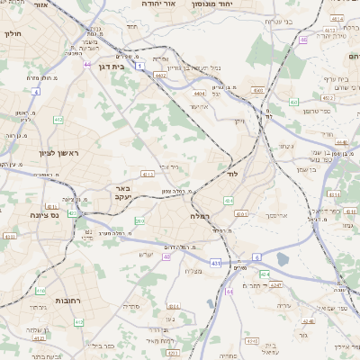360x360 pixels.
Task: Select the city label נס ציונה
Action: click(42, 214)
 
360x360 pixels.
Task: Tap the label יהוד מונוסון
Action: click(212, 4)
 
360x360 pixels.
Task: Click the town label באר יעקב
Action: click(121, 193)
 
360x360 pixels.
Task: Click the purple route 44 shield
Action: click(87, 64)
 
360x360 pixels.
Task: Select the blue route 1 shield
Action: click(140, 67)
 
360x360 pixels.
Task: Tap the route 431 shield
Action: click(215, 262)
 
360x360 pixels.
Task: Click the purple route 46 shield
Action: click(304, 40)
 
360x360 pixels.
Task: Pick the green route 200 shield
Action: click(139, 220)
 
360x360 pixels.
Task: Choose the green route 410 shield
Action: click(40, 290)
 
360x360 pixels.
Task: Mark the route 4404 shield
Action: click(198, 93)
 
